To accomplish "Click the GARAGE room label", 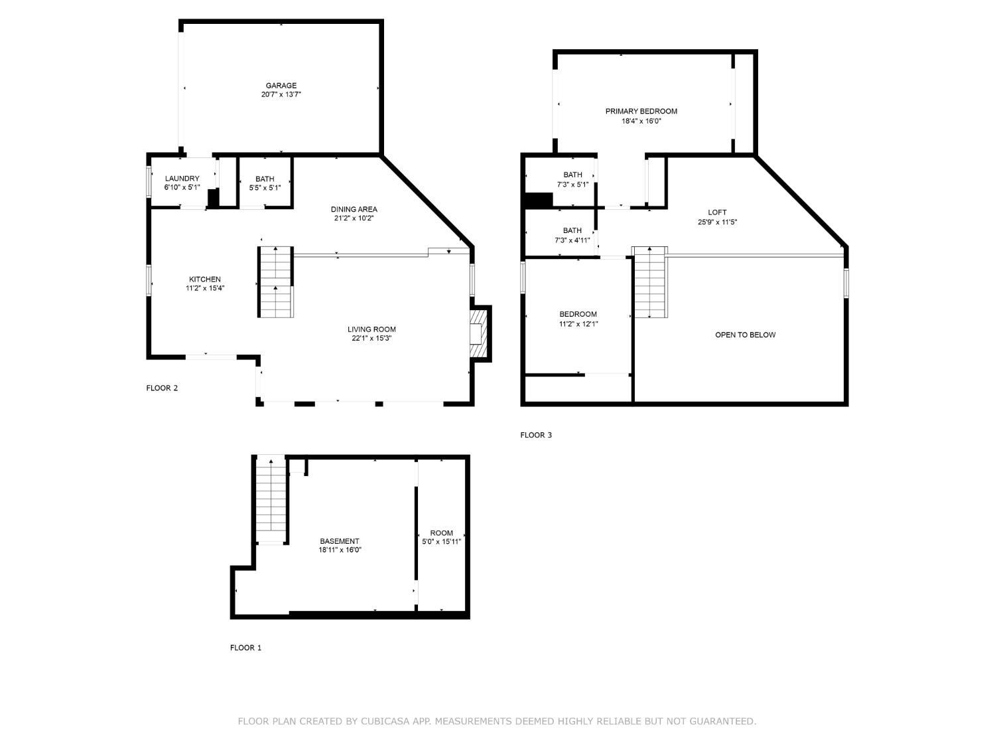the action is [281, 85].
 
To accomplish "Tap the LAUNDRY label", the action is [182, 178].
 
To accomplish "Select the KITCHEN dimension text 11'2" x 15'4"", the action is [205, 288].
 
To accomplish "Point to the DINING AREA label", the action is [354, 209].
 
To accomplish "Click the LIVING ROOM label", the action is [371, 329].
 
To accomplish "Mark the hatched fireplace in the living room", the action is [479, 334].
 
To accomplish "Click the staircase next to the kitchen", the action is [275, 282].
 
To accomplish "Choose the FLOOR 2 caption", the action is [162, 388].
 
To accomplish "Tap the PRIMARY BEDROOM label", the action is [641, 111].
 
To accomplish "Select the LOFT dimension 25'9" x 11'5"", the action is [717, 222].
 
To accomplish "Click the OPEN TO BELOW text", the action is [745, 335].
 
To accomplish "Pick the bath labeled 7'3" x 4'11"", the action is [572, 236].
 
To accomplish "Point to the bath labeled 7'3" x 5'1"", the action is [572, 179].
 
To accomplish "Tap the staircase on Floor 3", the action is [649, 282].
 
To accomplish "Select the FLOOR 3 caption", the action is [536, 435].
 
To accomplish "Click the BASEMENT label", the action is [340, 541].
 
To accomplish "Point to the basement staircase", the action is [271, 498].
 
